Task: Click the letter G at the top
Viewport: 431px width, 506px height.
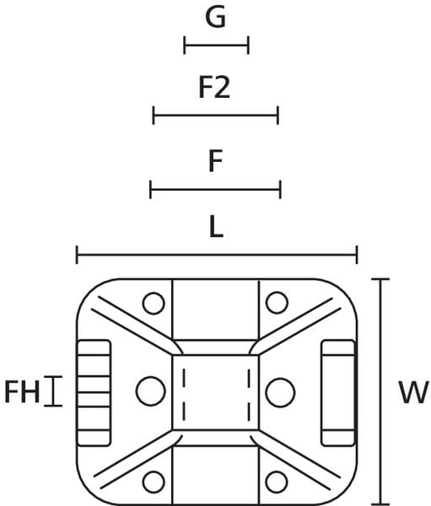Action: pos(215,17)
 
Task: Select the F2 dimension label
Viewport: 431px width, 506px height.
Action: pos(214,88)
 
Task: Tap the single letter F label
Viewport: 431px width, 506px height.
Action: pos(215,161)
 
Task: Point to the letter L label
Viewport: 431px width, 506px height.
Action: pos(216,227)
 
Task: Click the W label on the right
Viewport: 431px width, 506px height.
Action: pos(414,392)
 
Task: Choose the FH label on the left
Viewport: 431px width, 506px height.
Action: pos(22,391)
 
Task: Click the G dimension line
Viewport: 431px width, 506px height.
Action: pos(216,46)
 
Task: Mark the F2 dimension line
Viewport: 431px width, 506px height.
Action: pos(216,115)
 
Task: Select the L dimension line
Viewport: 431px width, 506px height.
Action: pos(217,255)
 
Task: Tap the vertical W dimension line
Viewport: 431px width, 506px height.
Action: pos(380,391)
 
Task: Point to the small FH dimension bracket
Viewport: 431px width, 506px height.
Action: pos(53,391)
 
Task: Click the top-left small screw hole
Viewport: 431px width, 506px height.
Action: pos(154,303)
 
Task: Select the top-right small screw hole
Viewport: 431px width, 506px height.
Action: pos(277,303)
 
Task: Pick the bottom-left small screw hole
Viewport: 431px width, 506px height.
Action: pos(154,482)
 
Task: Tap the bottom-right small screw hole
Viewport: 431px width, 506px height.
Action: pos(277,482)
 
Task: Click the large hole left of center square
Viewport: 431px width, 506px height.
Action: pos(151,391)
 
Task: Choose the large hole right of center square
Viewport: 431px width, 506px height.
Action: pos(280,392)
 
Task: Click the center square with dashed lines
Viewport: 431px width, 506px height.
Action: pos(216,392)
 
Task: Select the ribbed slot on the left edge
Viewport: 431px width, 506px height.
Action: pos(94,393)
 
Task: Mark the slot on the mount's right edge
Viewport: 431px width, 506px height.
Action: pos(338,393)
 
